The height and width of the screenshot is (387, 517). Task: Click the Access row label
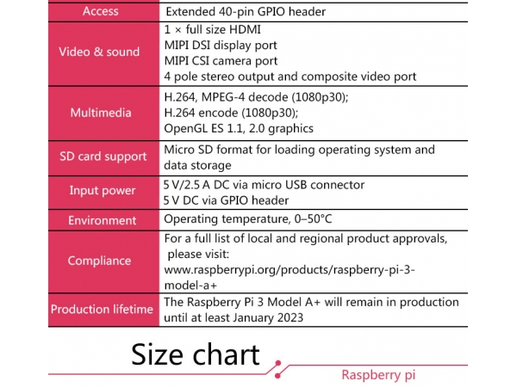pyautogui.click(x=101, y=11)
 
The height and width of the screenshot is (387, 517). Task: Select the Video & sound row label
pyautogui.click(x=99, y=52)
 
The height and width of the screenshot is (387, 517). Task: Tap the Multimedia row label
pyautogui.click(x=101, y=113)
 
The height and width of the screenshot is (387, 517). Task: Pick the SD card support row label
pyautogui.click(x=103, y=157)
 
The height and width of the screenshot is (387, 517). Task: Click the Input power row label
pyautogui.click(x=103, y=191)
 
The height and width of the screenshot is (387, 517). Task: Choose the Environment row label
pyautogui.click(x=103, y=220)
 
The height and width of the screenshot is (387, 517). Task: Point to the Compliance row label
pyautogui.click(x=100, y=261)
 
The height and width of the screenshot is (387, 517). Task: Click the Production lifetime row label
pyautogui.click(x=102, y=310)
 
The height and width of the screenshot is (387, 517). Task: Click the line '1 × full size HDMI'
pyautogui.click(x=213, y=29)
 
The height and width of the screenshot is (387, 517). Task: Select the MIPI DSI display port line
pyautogui.click(x=221, y=46)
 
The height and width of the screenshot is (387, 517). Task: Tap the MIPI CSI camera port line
pyautogui.click(x=221, y=61)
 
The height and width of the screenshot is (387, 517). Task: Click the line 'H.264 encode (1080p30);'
pyautogui.click(x=231, y=113)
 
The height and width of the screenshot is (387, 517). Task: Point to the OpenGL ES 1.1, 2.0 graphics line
pyautogui.click(x=239, y=128)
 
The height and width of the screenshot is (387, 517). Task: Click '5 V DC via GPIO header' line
pyautogui.click(x=226, y=200)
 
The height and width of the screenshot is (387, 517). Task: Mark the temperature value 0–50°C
pyautogui.click(x=314, y=218)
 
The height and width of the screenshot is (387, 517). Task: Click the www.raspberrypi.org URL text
pyautogui.click(x=290, y=278)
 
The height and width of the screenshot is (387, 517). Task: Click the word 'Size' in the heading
pyautogui.click(x=158, y=354)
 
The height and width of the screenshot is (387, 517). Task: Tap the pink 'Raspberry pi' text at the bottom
pyautogui.click(x=378, y=375)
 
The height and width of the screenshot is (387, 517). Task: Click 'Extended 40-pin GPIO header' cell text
pyautogui.click(x=246, y=12)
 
